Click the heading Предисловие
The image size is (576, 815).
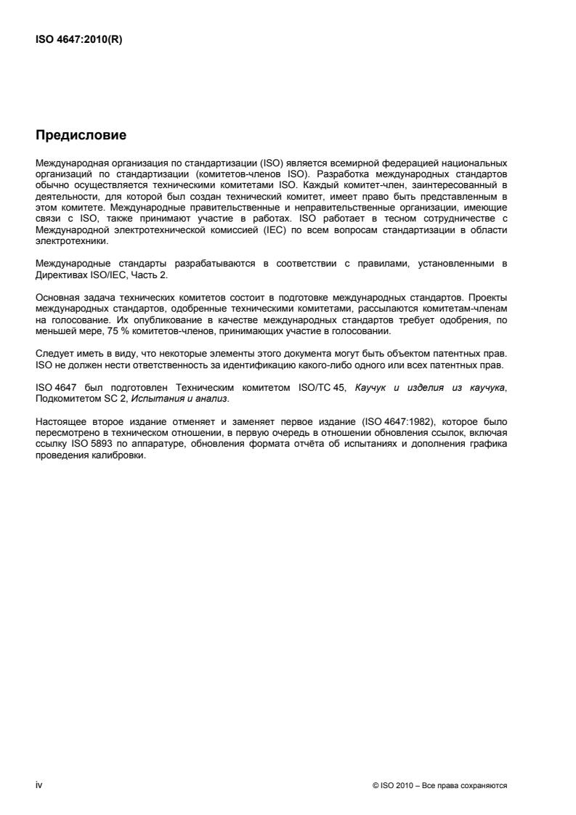click(x=81, y=135)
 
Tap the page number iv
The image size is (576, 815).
click(x=39, y=785)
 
